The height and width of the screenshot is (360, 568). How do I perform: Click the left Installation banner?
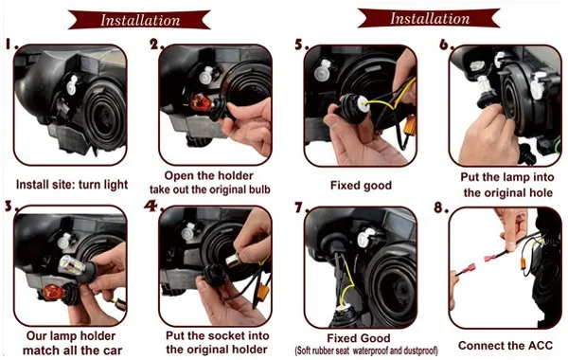coord(139,20)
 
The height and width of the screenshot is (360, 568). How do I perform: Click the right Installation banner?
coord(429,18)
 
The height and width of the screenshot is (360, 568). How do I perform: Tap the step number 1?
coord(11,44)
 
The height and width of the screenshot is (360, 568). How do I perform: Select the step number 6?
coord(447,45)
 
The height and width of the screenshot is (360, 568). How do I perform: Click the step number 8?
coord(441,207)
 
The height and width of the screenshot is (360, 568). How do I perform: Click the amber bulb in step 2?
coord(199,102)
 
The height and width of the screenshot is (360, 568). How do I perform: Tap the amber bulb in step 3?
coord(54,292)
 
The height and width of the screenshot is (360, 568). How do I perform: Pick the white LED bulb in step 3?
coord(72,266)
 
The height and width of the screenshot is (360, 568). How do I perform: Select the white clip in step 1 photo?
coord(73,84)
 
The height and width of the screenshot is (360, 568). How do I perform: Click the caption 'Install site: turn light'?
coord(72,185)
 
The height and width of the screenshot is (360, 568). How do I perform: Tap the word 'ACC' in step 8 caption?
coord(539,345)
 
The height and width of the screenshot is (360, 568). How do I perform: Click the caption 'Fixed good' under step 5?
coord(361,186)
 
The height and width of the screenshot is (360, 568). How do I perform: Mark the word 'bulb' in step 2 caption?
coord(259,189)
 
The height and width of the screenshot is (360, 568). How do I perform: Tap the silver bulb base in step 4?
coord(232,260)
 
